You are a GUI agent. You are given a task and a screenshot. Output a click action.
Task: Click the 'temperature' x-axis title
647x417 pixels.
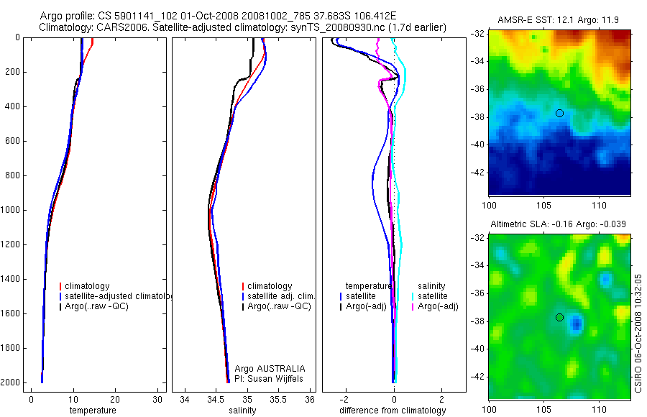click(92, 411)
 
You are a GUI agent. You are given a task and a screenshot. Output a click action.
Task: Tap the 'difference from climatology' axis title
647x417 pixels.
click(394, 411)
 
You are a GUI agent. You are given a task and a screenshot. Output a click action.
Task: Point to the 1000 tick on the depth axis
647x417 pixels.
click(12, 210)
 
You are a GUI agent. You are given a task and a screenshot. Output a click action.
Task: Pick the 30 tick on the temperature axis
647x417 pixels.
click(156, 399)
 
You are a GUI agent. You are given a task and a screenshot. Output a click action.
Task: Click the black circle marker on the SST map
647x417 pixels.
click(559, 113)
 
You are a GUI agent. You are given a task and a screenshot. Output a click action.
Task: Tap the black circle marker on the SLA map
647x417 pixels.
click(559, 317)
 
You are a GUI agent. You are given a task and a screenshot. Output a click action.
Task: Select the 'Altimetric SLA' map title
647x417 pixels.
click(560, 225)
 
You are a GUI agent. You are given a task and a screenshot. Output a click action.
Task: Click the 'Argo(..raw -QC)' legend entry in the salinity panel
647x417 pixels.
click(278, 306)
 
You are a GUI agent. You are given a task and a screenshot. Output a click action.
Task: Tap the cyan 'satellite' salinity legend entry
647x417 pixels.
click(432, 296)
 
